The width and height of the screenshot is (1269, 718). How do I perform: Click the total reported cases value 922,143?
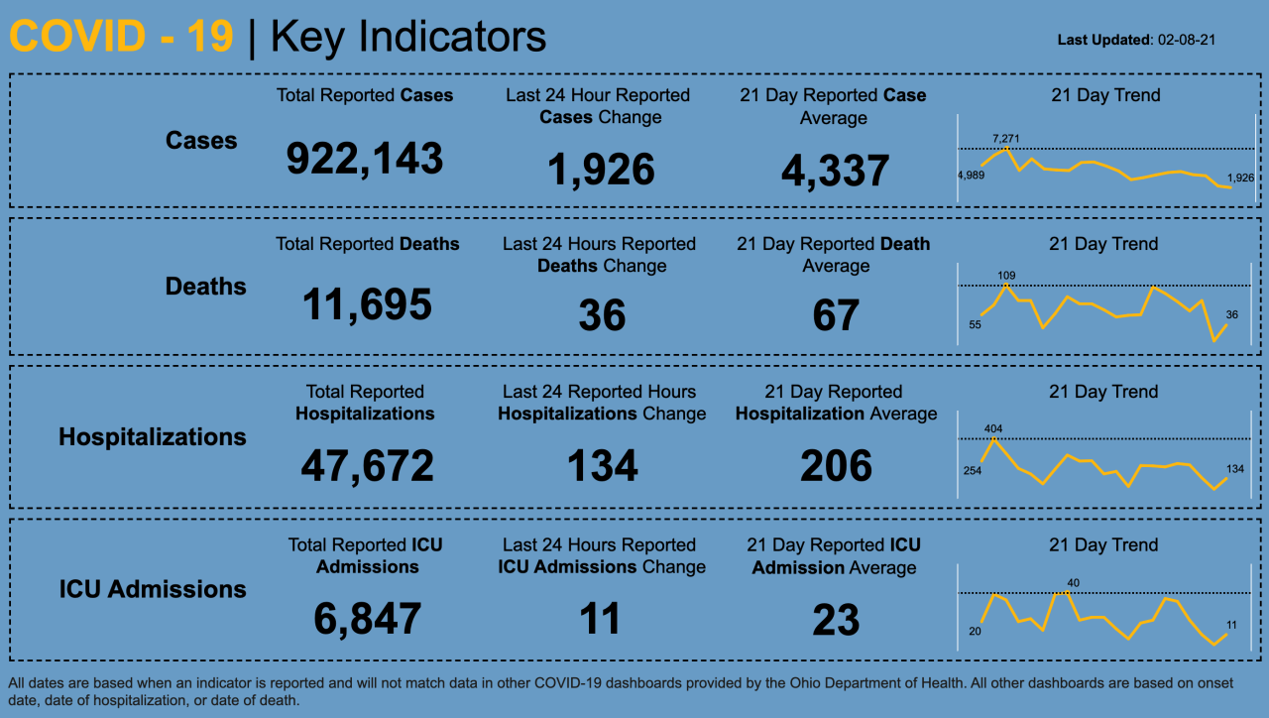364,159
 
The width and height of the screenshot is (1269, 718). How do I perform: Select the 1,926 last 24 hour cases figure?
601,170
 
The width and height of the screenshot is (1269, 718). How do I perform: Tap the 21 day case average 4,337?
835,171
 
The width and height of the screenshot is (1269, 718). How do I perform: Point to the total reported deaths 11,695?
367,304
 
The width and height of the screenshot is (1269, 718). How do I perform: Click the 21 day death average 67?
835,315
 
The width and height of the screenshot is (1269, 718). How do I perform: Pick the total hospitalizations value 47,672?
367,465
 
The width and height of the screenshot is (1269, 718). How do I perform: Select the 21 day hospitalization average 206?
836,465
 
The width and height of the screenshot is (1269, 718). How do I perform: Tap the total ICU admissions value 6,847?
367,619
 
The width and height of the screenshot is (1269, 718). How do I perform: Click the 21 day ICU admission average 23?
835,620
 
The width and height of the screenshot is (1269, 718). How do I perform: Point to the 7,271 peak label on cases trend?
1005,138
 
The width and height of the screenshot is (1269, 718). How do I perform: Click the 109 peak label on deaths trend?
1006,275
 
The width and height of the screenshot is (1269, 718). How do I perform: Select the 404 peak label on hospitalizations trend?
993,428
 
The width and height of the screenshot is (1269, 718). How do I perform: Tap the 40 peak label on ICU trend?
1073,582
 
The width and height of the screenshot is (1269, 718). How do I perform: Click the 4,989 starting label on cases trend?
971,176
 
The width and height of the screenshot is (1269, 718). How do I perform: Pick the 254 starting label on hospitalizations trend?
972,470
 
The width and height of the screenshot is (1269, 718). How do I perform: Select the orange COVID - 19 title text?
121,38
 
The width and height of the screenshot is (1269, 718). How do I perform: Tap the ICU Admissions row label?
153,589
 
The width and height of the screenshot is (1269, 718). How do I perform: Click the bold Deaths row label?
205,287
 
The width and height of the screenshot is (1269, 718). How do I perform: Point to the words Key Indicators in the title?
407,38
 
